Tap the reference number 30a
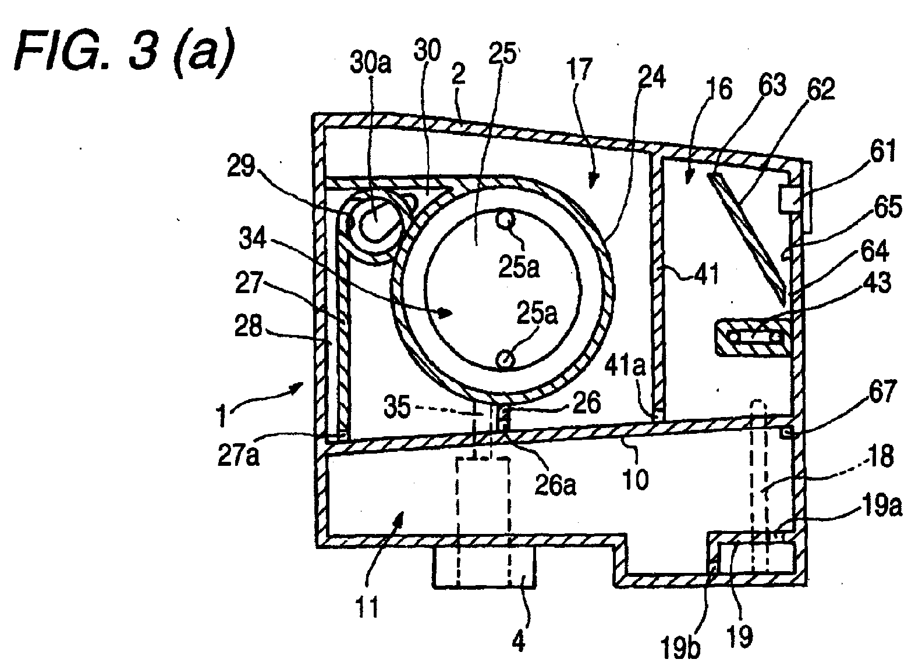[370, 64]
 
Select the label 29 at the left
[241, 166]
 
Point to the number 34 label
[253, 238]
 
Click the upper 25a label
[519, 267]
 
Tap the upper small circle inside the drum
[505, 220]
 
